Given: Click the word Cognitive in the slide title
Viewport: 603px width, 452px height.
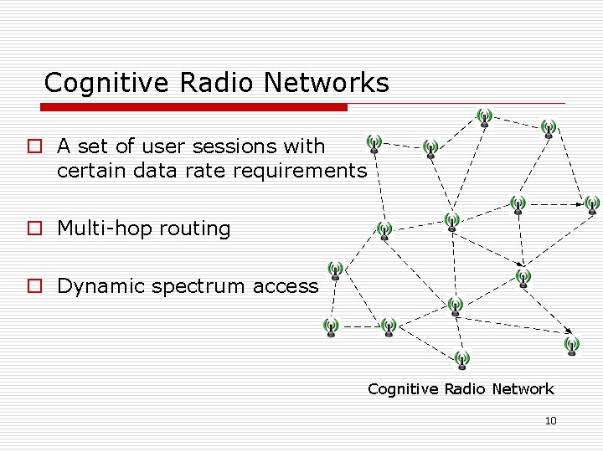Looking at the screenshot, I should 98,83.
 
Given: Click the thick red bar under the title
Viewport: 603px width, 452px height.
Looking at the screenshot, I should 194,107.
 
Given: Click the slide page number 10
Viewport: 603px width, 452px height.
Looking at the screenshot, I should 550,420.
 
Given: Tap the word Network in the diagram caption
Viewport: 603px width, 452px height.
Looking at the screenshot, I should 522,388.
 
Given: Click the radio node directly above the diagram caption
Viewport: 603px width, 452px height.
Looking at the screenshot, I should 462,360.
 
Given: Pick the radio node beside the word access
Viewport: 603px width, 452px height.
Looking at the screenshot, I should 335,270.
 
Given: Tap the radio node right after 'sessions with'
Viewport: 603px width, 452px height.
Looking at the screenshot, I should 374,144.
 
